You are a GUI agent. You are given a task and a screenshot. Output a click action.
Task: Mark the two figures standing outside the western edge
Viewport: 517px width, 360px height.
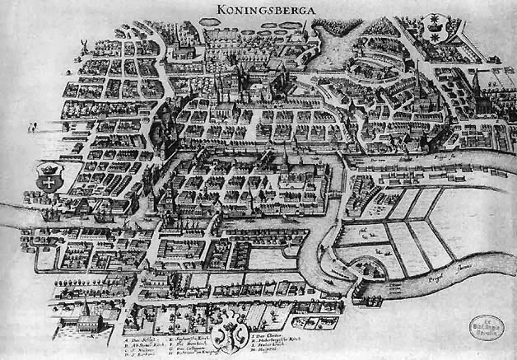[x=31, y=128]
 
